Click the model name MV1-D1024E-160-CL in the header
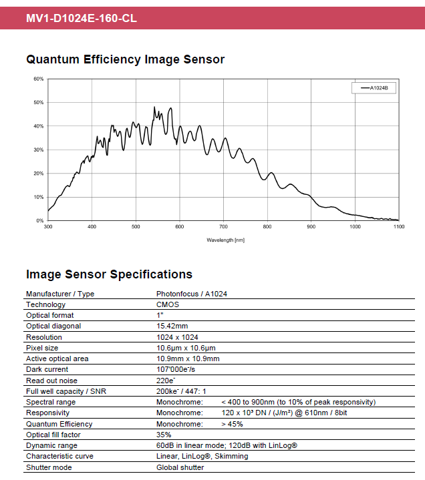(81, 18)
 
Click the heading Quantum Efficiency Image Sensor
(125, 59)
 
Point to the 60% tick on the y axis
(38, 79)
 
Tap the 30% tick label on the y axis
(38, 150)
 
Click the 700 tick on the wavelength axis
(224, 227)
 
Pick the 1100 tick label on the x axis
(399, 227)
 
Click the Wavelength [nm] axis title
(225, 240)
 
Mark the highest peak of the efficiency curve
(154, 107)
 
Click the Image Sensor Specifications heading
(109, 274)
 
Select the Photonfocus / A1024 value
(192, 294)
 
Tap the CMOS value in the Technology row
(168, 304)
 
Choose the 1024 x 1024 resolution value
(177, 337)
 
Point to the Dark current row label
(47, 369)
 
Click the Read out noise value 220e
(166, 380)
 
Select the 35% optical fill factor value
(164, 435)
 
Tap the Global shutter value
(180, 467)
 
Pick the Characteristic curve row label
(59, 456)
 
